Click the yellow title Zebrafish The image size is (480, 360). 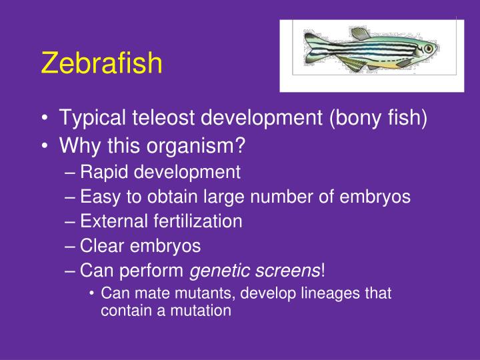[101, 63]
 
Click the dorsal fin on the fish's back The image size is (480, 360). [361, 33]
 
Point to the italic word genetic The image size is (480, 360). [219, 271]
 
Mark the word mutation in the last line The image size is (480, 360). [202, 310]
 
